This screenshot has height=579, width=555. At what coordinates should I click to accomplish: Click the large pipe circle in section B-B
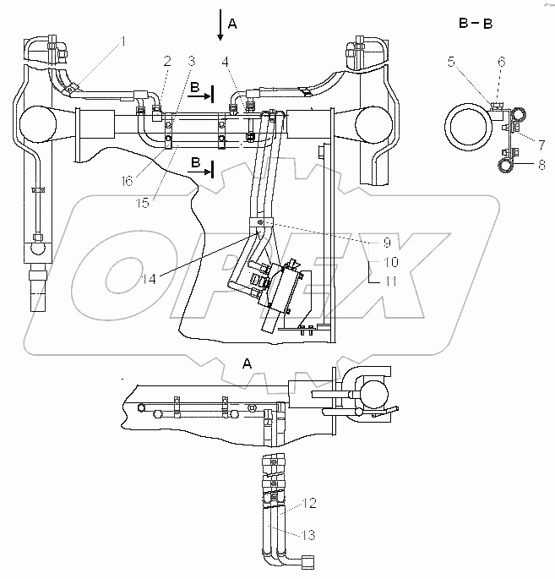tap(467, 128)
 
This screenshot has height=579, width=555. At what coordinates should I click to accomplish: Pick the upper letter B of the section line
tap(194, 87)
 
